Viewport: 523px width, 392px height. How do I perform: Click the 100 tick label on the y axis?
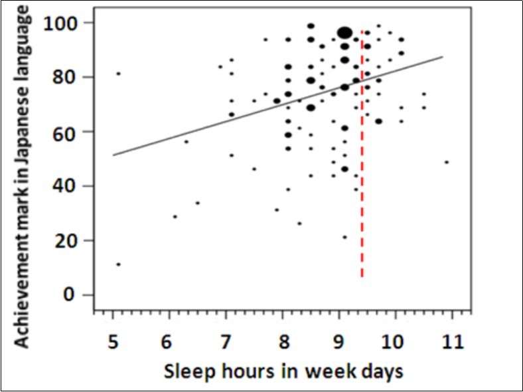click(x=61, y=23)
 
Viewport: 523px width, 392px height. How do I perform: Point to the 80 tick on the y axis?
click(x=66, y=77)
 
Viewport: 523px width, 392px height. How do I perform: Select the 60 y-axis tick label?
click(x=66, y=132)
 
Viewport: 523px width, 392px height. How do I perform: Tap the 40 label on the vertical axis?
click(x=66, y=186)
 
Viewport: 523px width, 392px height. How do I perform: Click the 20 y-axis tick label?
click(x=66, y=241)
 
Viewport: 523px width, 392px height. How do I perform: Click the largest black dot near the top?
click(x=344, y=33)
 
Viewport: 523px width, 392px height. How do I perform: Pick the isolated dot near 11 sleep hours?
click(x=447, y=162)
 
